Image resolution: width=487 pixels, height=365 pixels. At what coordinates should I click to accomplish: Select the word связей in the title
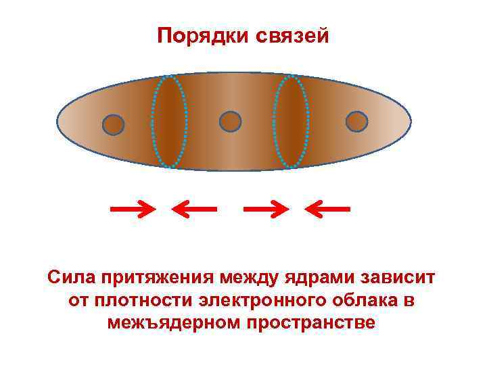coord(293,35)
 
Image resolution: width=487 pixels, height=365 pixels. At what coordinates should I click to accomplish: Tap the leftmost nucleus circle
coord(113,124)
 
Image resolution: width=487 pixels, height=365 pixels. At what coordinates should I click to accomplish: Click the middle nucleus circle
coord(231,122)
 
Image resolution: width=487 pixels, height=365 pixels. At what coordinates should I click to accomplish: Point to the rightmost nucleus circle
coord(356,122)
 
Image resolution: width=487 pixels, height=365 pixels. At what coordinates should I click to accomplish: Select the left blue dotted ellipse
coord(169,121)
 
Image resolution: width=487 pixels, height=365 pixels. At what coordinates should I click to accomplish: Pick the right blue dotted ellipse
coord(292,121)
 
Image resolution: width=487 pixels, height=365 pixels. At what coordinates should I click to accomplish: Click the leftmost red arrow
coord(133,209)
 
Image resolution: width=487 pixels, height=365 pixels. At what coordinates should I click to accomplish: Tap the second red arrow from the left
coord(194,209)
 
